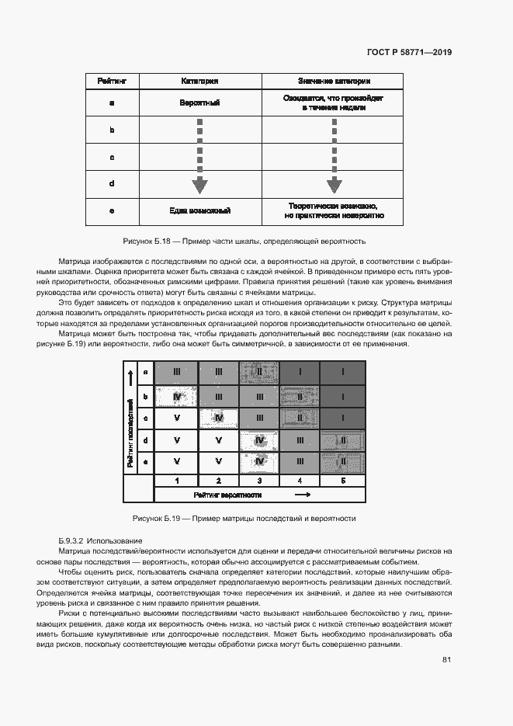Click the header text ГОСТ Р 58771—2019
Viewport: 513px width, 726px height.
click(x=408, y=53)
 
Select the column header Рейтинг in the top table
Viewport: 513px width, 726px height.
click(x=112, y=81)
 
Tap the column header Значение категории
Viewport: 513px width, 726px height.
click(x=334, y=81)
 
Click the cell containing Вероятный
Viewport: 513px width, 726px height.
click(x=199, y=102)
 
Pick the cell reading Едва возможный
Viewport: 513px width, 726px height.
click(x=199, y=210)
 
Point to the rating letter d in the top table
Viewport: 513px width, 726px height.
click(x=112, y=184)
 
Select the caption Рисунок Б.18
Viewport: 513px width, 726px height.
click(x=244, y=241)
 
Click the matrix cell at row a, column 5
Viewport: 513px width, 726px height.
click(x=343, y=373)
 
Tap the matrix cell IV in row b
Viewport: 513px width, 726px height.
click(x=177, y=397)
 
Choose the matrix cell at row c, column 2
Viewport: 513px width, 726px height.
click(x=219, y=419)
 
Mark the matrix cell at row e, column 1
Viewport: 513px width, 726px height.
click(x=177, y=462)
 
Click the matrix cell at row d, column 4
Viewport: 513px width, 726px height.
click(x=300, y=440)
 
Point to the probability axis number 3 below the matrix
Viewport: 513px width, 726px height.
click(x=260, y=481)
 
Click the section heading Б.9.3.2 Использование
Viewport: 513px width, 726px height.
click(x=100, y=540)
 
